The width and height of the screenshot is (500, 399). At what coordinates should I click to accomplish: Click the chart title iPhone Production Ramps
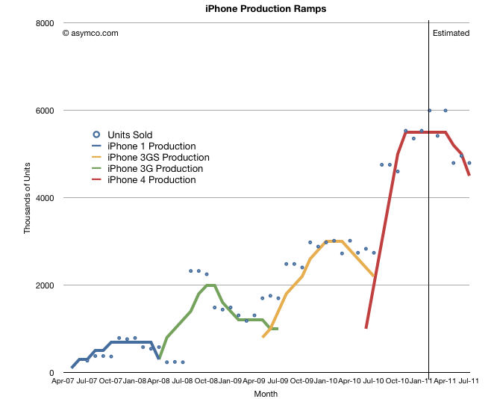click(254, 9)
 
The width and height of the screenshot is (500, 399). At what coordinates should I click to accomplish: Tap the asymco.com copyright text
click(90, 33)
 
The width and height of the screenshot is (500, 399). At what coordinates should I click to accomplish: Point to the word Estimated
click(451, 33)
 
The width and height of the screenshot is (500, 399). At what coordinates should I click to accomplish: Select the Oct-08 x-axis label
click(207, 381)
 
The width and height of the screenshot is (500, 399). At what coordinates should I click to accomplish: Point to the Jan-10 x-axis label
click(326, 381)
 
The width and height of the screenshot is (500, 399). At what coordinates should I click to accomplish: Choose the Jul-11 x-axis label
click(468, 381)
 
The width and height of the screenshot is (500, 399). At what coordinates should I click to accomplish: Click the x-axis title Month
click(266, 393)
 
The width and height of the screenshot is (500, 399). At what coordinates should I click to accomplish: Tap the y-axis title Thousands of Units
click(28, 198)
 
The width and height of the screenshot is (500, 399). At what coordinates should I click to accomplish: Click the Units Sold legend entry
click(130, 134)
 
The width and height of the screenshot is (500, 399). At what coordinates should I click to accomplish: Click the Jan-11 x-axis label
click(422, 381)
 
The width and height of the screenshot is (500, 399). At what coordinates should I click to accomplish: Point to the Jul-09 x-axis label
click(278, 381)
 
